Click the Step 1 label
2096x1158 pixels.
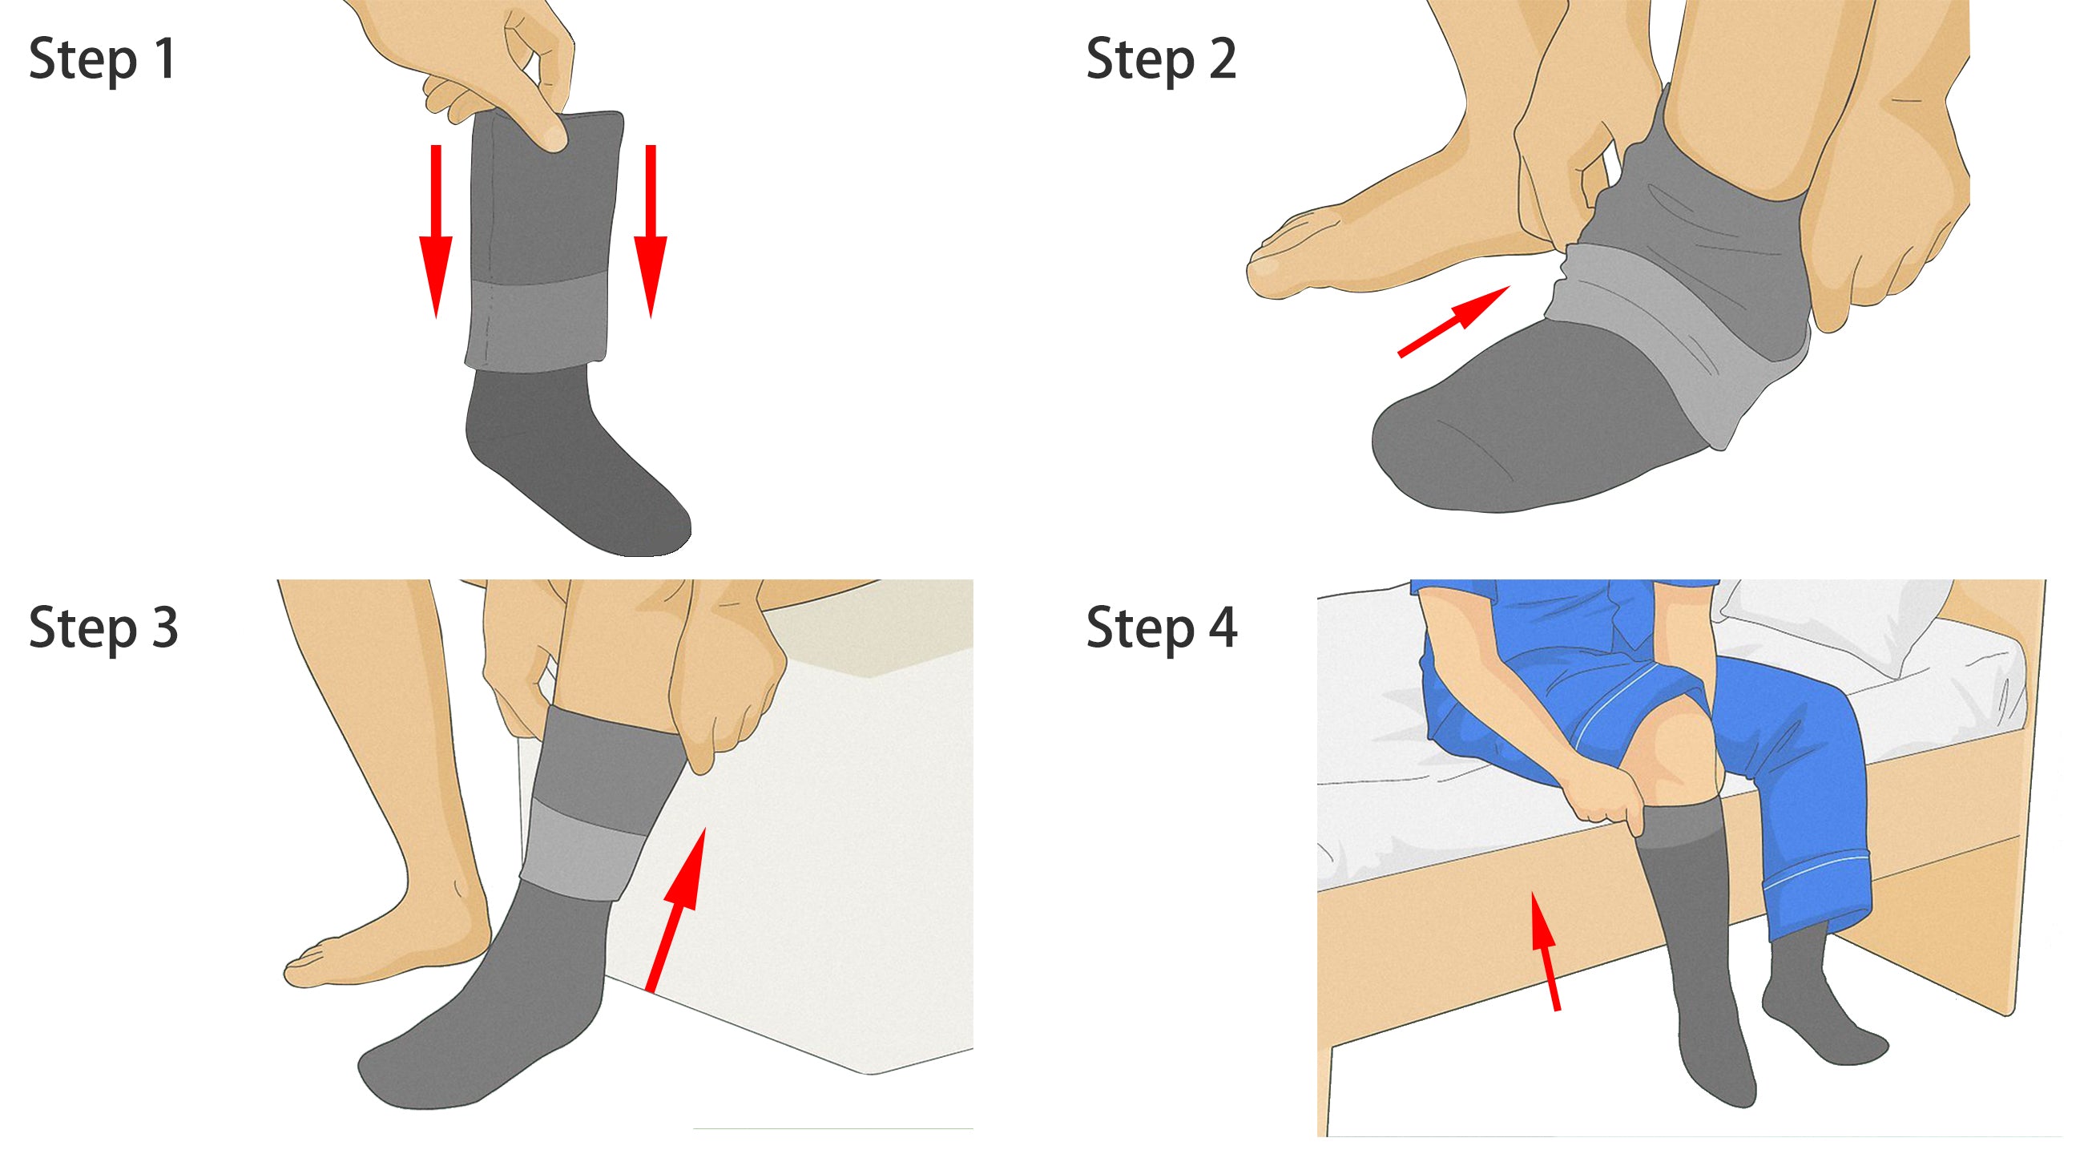click(x=103, y=60)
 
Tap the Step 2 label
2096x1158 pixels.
click(x=1161, y=60)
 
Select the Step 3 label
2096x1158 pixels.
click(x=103, y=629)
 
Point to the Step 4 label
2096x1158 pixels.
click(x=1162, y=629)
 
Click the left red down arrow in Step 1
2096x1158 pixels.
click(x=435, y=231)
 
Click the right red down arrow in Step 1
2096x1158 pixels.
click(x=650, y=231)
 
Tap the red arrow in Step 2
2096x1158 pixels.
click(x=1453, y=321)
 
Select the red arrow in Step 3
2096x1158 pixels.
click(x=675, y=909)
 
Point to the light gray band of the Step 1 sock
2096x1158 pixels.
click(x=537, y=322)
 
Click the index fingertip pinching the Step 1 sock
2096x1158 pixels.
click(x=554, y=139)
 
